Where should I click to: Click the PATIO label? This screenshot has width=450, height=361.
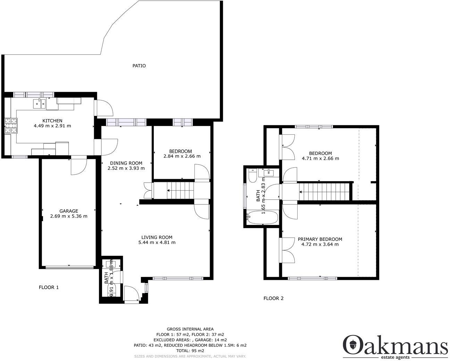click(x=139, y=66)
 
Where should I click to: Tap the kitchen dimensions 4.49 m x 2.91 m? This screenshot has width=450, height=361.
click(x=52, y=126)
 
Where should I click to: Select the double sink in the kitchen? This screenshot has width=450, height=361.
click(x=39, y=103)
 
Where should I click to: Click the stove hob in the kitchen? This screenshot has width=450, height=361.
click(x=10, y=126)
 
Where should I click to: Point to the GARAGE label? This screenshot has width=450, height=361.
click(x=68, y=211)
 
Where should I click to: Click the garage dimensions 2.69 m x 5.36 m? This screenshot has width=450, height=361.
click(x=68, y=216)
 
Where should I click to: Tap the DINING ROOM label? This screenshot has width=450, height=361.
click(x=126, y=163)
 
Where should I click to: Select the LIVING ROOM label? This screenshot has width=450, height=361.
click(x=157, y=237)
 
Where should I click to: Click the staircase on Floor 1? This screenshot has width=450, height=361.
click(x=180, y=190)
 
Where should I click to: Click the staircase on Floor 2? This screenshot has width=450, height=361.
click(x=324, y=191)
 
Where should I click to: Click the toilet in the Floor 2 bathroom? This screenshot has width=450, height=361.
click(x=253, y=176)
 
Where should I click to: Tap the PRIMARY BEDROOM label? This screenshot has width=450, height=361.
click(x=320, y=239)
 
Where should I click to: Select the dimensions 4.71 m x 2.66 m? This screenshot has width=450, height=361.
click(x=320, y=158)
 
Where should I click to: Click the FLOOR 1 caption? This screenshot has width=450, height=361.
click(x=49, y=287)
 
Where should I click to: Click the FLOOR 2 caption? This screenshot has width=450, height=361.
click(x=274, y=298)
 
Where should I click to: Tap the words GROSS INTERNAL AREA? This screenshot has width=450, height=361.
click(x=190, y=329)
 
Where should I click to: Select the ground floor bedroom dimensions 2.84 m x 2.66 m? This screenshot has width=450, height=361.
click(x=182, y=156)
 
